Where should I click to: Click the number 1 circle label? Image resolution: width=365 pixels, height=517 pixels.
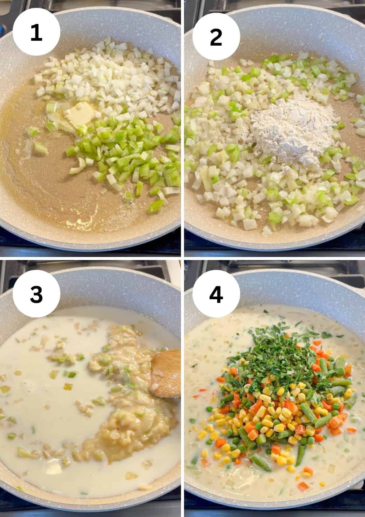36,32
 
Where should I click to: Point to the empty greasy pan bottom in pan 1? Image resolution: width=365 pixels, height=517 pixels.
40,182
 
